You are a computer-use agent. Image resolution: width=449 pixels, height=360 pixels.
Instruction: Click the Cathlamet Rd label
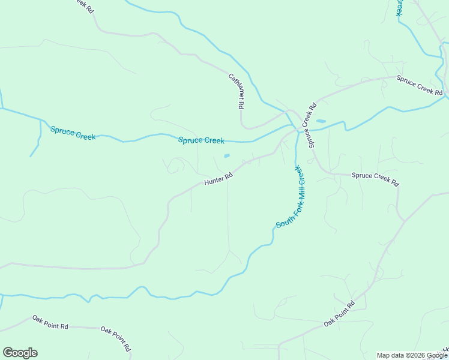click(x=236, y=91)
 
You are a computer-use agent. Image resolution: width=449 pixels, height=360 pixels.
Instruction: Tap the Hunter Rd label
click(x=218, y=179)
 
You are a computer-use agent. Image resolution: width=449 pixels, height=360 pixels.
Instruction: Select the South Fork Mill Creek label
click(x=291, y=197)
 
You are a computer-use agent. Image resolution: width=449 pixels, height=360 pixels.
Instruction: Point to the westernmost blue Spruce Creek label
click(x=73, y=133)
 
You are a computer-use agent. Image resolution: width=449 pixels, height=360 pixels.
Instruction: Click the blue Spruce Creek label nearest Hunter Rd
click(x=201, y=140)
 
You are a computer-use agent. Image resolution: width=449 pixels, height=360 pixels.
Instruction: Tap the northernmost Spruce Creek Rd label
click(x=419, y=85)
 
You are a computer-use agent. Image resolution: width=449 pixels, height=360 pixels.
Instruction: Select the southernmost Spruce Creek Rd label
click(x=375, y=179)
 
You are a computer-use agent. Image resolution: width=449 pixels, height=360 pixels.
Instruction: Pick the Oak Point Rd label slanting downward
click(x=116, y=338)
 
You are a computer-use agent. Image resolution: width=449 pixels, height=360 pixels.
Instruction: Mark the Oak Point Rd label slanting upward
click(x=339, y=313)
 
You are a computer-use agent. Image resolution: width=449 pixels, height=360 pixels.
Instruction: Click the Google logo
click(x=20, y=353)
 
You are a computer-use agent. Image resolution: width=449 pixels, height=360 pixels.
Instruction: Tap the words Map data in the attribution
click(x=391, y=355)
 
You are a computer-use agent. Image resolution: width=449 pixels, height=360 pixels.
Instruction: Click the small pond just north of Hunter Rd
click(x=226, y=156)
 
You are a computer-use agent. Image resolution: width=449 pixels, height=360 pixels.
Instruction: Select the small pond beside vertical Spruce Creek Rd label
click(x=321, y=121)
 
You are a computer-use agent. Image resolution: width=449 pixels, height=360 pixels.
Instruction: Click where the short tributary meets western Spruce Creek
click(x=40, y=119)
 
